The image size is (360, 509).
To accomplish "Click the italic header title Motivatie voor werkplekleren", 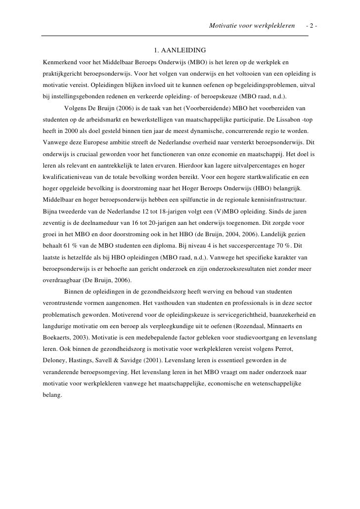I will [252, 25].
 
